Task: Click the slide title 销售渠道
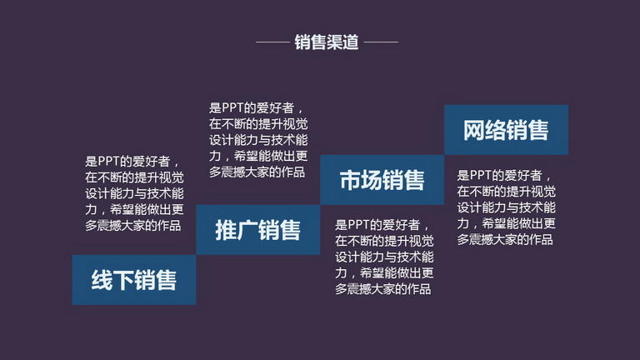(327, 42)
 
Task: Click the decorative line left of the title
(272, 42)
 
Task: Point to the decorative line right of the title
(381, 42)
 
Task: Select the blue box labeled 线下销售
(134, 280)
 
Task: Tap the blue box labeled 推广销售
(258, 230)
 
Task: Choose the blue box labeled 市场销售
(382, 180)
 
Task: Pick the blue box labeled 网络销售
(506, 130)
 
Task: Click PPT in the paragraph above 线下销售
(108, 162)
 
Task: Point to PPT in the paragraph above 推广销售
(232, 108)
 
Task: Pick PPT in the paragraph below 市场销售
(358, 225)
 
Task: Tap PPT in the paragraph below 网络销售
(480, 176)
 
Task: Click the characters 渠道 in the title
(342, 42)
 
